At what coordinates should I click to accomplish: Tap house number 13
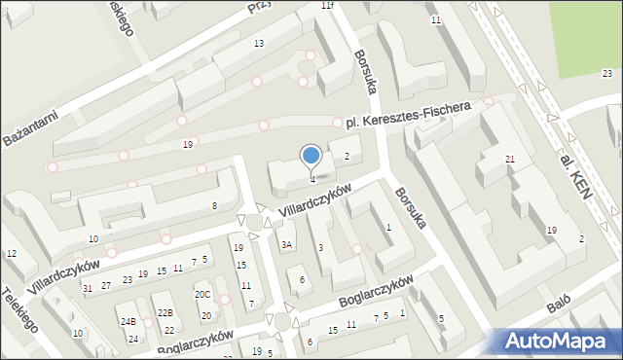tap(258, 44)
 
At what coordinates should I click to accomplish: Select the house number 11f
tap(327, 6)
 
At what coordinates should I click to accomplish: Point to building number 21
tap(509, 159)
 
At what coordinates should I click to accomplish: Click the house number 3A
tap(286, 245)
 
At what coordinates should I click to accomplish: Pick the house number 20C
tap(202, 295)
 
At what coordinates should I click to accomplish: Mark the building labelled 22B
tap(166, 312)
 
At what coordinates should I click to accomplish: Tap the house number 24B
tap(128, 321)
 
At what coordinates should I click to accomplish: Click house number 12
tap(12, 254)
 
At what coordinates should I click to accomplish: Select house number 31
tap(88, 288)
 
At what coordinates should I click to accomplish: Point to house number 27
tap(106, 284)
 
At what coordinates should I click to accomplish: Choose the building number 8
tap(214, 206)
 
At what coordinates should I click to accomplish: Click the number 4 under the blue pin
tap(311, 179)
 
